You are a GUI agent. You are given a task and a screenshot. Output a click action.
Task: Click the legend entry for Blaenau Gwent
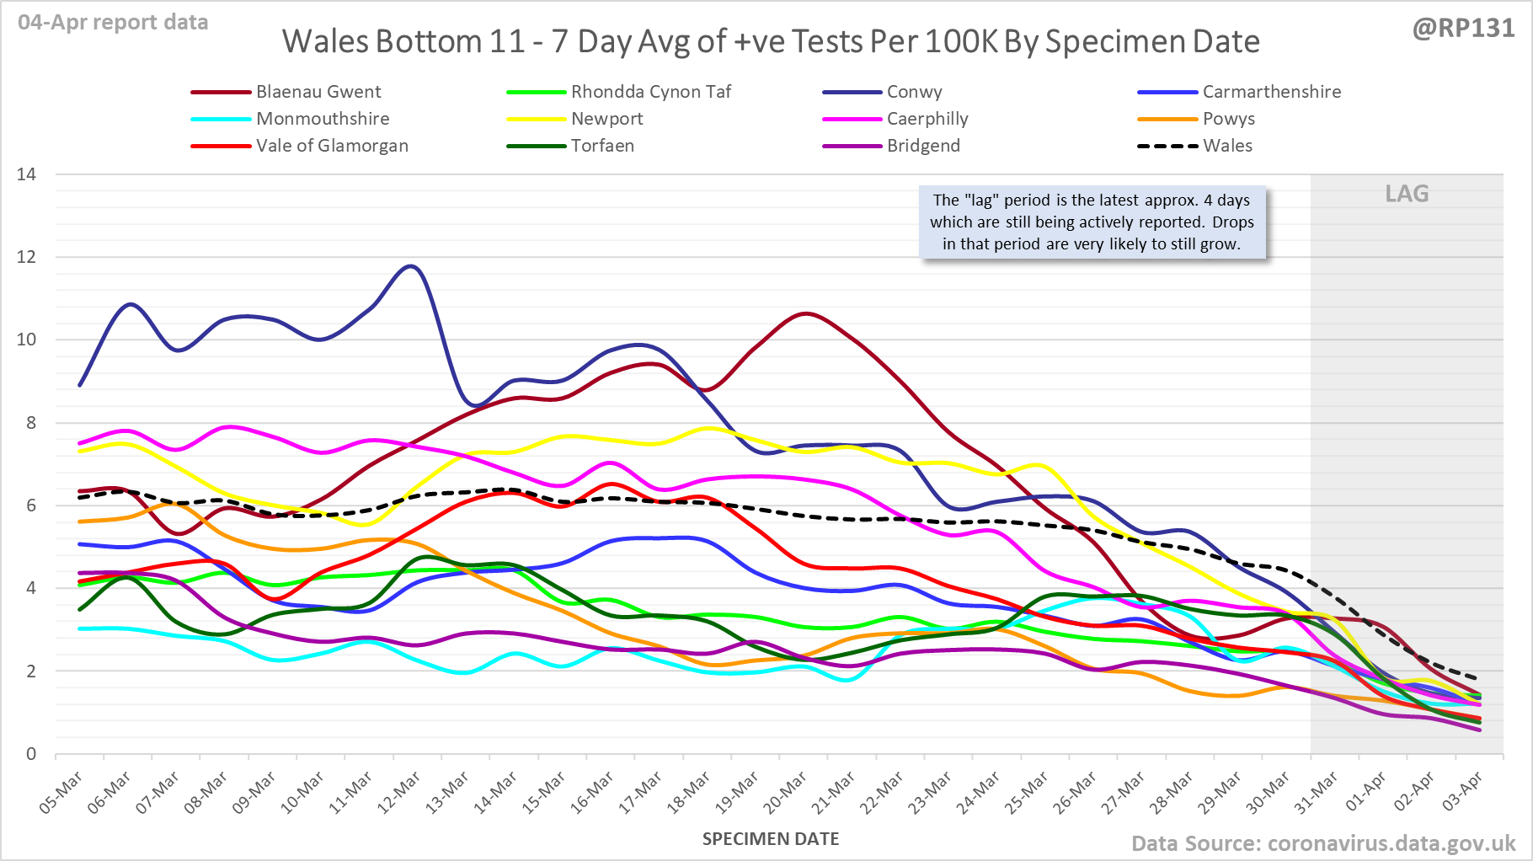318,92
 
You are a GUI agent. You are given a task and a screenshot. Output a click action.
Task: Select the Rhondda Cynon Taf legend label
650,92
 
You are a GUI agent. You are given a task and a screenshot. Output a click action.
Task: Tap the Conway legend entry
914,92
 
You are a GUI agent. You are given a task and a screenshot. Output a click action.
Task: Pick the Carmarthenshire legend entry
1271,92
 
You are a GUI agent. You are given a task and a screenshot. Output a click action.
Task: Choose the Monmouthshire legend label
323,119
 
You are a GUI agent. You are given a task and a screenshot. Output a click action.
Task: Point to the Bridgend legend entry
923,146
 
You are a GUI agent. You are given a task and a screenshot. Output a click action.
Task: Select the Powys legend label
1228,119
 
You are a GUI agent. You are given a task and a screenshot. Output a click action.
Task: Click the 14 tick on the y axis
27,174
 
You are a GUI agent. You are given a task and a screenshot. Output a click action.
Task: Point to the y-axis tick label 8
31,423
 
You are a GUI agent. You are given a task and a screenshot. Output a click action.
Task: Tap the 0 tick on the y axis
31,754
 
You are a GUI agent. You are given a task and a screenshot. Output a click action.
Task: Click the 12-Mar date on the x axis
399,793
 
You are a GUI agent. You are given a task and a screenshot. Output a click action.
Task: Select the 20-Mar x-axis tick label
786,793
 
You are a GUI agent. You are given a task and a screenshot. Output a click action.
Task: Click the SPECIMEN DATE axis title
771,839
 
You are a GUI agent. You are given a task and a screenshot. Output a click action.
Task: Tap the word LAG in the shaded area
1407,194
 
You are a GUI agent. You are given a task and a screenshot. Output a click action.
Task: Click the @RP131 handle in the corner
1463,29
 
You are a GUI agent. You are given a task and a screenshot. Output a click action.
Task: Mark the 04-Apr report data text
113,23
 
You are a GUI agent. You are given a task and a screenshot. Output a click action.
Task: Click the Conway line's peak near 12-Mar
410,266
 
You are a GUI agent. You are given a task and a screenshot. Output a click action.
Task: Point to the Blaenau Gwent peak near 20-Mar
806,313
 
